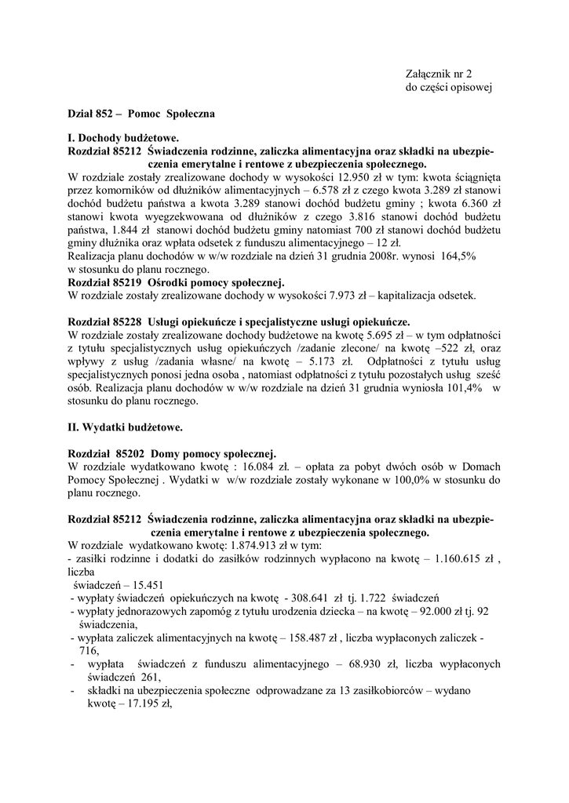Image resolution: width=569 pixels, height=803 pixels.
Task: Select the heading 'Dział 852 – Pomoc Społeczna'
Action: tap(141, 114)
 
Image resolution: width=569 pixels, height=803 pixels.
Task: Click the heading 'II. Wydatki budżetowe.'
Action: tap(126, 427)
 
